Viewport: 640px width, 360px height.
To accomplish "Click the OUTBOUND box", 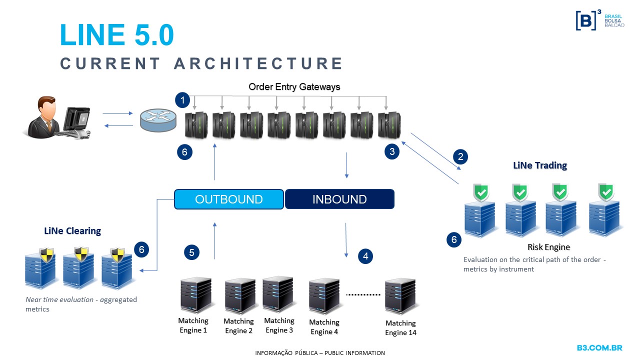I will [x=229, y=199].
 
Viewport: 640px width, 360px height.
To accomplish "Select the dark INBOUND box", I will [x=339, y=199].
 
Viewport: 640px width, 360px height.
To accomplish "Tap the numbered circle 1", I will [x=183, y=100].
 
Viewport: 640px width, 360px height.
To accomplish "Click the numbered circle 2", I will [x=460, y=156].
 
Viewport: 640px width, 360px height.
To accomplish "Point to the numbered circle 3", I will [x=392, y=151].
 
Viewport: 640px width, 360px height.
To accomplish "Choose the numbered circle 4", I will [x=365, y=256].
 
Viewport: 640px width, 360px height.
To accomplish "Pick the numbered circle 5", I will [x=192, y=252].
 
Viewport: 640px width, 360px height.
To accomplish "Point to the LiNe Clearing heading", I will [x=72, y=231].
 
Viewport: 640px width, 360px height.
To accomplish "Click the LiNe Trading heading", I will [x=540, y=165].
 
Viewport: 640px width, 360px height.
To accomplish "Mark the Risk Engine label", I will [x=548, y=247].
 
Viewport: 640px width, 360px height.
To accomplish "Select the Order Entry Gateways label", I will [x=294, y=87].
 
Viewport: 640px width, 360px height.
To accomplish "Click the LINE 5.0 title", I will [x=116, y=35].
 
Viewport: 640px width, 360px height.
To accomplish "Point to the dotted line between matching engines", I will [x=363, y=294].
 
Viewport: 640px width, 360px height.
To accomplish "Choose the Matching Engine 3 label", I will [x=279, y=325].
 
